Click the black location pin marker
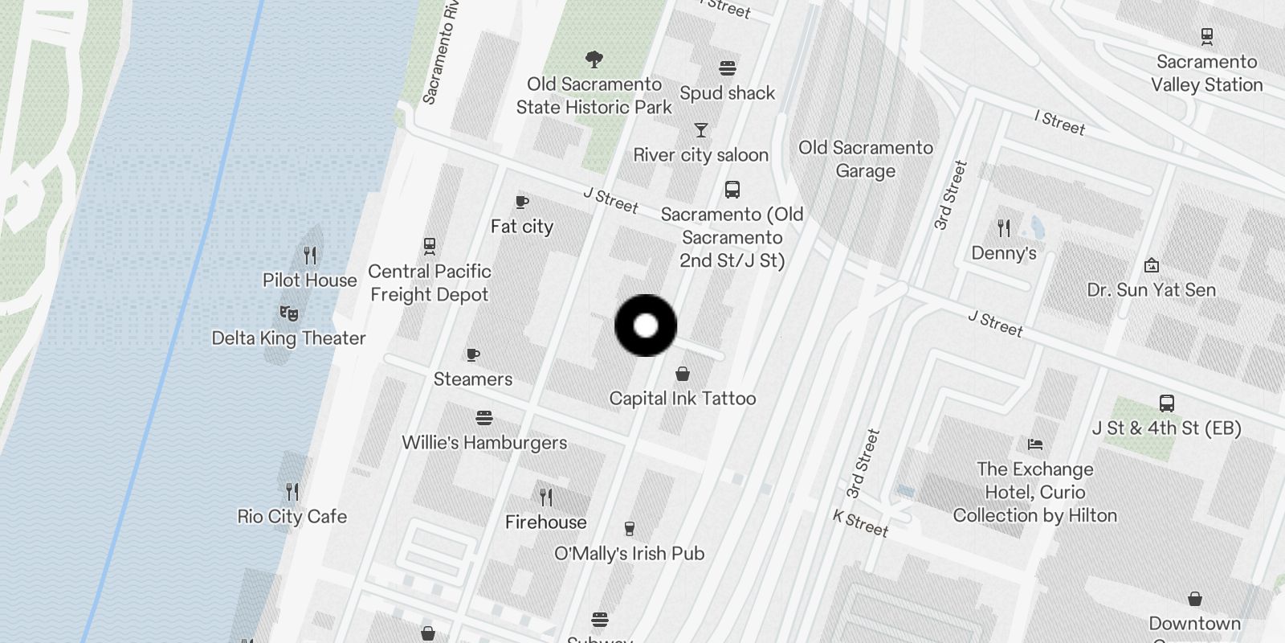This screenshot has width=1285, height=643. click(x=646, y=326)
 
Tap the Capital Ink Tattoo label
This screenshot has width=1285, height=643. click(x=683, y=399)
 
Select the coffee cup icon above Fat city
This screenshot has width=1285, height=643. click(x=522, y=203)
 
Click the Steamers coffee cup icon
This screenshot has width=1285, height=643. click(x=473, y=354)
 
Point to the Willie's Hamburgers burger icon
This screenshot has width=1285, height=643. click(x=483, y=418)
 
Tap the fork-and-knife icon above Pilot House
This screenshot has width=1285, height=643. click(x=310, y=256)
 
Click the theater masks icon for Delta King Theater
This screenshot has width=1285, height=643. click(x=289, y=313)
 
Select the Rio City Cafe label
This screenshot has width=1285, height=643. click(x=292, y=517)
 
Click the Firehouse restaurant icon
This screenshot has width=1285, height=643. click(x=546, y=497)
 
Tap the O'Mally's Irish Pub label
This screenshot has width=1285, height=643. click(x=630, y=554)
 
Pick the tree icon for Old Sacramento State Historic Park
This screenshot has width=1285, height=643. click(x=594, y=59)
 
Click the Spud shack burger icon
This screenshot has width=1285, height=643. click(x=728, y=68)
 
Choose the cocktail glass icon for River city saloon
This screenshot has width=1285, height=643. click(x=701, y=130)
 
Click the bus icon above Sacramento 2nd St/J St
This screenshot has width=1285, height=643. click(x=732, y=190)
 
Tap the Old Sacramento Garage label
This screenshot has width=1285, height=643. click(x=866, y=159)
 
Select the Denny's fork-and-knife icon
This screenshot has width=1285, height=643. click(x=1004, y=228)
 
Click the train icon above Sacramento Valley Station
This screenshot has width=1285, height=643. click(x=1206, y=36)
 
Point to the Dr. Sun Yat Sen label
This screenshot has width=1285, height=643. click(x=1152, y=290)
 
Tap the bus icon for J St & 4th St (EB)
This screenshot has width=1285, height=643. click(x=1167, y=403)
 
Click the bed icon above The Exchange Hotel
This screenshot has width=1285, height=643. click(x=1035, y=444)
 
